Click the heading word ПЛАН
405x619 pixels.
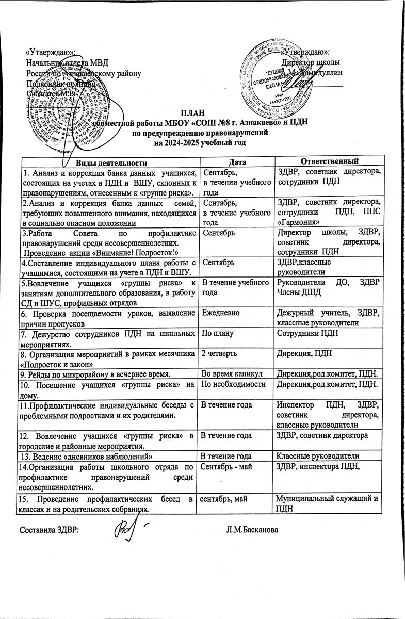192,113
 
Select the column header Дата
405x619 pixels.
235,163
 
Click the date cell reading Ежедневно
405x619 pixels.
221,313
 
